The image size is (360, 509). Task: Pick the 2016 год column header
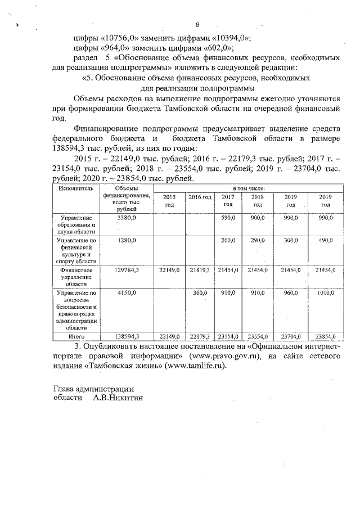point(200,197)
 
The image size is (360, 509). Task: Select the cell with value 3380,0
point(128,217)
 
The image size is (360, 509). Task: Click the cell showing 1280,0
point(128,240)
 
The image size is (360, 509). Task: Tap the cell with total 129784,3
point(128,271)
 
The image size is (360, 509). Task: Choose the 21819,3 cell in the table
point(199,271)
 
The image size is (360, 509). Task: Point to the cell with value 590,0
point(227,217)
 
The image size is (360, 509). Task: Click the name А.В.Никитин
point(119,397)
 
